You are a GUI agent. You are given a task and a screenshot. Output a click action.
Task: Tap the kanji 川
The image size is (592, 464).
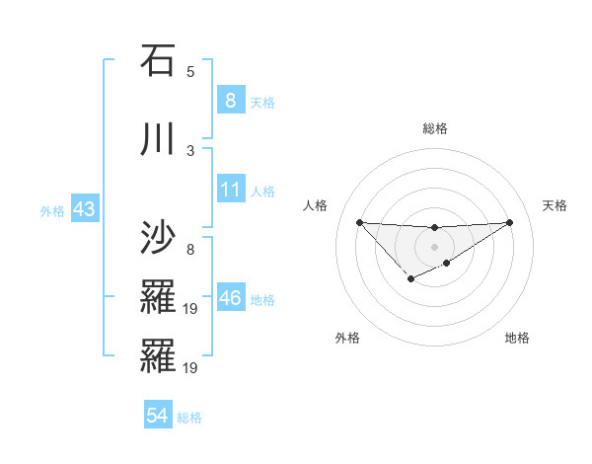click(158, 139)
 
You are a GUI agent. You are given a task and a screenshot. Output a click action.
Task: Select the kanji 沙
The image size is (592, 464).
click(158, 236)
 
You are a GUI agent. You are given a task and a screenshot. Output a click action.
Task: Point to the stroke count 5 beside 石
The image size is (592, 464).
click(190, 72)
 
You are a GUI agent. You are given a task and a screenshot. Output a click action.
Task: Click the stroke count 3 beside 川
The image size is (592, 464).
click(190, 151)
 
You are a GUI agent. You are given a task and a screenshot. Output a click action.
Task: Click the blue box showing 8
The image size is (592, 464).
click(230, 101)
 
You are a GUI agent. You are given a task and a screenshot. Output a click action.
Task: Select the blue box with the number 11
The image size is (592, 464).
click(230, 191)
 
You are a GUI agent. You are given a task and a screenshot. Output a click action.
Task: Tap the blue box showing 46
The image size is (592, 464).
click(230, 299)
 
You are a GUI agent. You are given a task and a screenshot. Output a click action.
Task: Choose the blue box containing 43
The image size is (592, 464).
click(83, 210)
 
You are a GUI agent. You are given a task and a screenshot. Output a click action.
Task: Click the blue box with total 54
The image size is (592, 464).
click(157, 417)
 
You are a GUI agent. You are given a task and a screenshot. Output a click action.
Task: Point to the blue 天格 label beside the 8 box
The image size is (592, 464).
click(262, 102)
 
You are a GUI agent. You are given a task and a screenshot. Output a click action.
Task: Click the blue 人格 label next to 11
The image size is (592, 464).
click(262, 192)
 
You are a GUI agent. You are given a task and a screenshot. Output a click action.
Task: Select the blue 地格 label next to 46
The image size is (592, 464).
click(262, 300)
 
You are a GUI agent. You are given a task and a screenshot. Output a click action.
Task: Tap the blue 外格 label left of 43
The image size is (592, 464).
click(52, 211)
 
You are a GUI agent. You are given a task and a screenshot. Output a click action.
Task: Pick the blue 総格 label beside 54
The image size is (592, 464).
click(189, 418)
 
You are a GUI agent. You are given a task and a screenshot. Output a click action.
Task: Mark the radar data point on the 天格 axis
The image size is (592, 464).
click(509, 222)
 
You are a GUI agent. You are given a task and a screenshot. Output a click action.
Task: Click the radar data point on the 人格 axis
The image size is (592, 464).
click(359, 222)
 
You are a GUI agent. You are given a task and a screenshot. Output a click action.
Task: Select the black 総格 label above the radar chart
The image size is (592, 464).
click(434, 128)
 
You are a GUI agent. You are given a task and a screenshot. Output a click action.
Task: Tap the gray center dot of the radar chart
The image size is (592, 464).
click(434, 246)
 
